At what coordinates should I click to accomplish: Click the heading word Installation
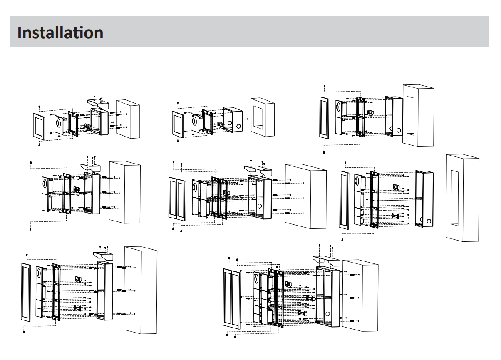[x=60, y=32]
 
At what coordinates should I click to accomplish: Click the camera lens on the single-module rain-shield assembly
[x=59, y=123]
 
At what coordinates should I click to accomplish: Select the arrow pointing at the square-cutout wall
[x=246, y=119]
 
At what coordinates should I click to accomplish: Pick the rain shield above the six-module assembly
[x=326, y=261]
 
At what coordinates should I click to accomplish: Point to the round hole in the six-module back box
[x=327, y=314]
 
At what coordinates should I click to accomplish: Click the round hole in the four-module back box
[x=260, y=206]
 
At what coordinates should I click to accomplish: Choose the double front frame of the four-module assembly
[x=177, y=199]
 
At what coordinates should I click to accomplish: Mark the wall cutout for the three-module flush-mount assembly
[x=455, y=198]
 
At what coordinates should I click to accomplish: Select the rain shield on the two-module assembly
[x=91, y=167]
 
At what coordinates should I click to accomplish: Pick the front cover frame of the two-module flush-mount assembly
[x=324, y=118]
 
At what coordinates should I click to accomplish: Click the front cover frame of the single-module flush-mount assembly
[x=178, y=124]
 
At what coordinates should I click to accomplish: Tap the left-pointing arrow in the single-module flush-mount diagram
[x=216, y=123]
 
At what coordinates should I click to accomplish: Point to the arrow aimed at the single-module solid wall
[x=112, y=122]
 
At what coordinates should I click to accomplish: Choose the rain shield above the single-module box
[x=98, y=104]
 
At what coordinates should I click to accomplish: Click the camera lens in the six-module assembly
[x=256, y=279]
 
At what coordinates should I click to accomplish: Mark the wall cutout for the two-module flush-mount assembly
[x=410, y=116]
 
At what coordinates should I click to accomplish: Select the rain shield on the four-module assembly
[x=258, y=170]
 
